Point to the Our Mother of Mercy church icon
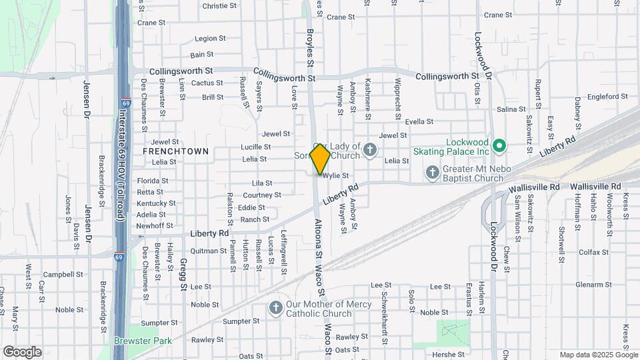tap(275, 308)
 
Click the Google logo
tap(22, 351)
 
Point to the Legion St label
tap(206, 39)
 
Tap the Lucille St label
tap(255, 147)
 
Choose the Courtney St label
tap(262, 195)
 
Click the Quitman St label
tap(209, 251)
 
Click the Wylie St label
tap(336, 176)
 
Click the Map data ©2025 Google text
tap(597, 355)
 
